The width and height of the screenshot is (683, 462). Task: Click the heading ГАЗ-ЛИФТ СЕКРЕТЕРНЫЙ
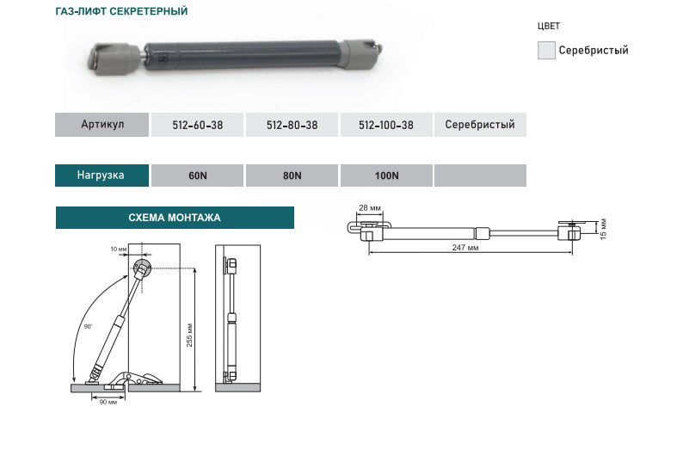(x=121, y=11)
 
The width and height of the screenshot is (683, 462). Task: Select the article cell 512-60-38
(x=197, y=125)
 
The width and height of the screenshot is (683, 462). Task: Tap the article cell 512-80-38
(x=292, y=125)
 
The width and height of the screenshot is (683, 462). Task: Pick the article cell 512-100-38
(x=386, y=125)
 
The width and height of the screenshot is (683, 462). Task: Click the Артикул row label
(x=102, y=125)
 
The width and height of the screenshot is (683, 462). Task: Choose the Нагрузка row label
(x=102, y=176)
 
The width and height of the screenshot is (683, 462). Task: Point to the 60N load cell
(x=197, y=176)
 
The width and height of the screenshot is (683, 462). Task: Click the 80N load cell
(x=292, y=176)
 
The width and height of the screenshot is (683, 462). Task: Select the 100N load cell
(x=386, y=176)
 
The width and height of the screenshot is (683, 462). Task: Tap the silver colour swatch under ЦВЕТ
(x=547, y=50)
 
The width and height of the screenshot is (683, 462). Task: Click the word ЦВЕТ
(x=549, y=26)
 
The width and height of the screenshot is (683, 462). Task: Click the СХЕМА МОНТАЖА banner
(x=175, y=218)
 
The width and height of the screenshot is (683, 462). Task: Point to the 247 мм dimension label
(x=465, y=248)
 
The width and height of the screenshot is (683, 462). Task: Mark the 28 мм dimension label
(x=370, y=208)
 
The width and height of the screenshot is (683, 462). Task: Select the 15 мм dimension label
(x=603, y=229)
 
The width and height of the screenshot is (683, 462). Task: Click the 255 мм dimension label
(x=189, y=336)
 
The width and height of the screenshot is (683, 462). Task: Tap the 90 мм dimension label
(x=108, y=402)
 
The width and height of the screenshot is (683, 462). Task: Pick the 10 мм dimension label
(x=119, y=249)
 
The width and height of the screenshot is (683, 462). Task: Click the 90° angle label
(x=88, y=326)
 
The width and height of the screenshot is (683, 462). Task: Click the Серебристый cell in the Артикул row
(x=480, y=125)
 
